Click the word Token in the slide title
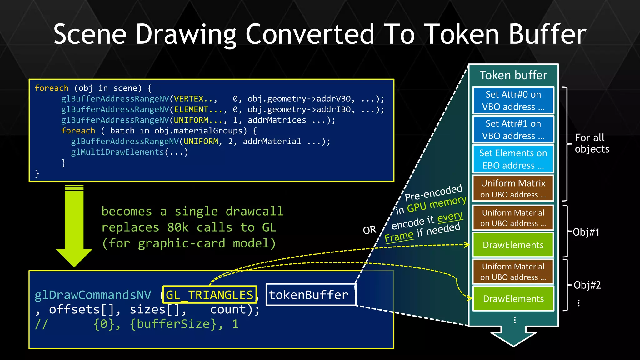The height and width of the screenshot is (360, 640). (463, 34)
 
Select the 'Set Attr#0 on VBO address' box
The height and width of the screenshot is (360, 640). (513, 100)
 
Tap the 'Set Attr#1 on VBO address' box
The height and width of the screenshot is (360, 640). (513, 129)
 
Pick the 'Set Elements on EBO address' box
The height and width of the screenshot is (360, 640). (513, 159)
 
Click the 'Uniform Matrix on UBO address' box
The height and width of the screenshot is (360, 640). (513, 188)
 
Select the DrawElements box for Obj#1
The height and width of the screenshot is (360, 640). (513, 245)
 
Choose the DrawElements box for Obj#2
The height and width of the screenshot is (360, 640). (513, 299)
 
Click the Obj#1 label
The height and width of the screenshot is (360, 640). (586, 232)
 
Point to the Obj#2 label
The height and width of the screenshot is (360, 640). (587, 285)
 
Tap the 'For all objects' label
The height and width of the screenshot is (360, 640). (592, 143)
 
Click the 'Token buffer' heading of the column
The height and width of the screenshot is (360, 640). (513, 75)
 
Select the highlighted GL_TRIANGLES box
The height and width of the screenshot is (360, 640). (209, 295)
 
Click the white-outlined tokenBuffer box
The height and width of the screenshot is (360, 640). (310, 295)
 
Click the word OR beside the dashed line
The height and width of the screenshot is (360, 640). (369, 230)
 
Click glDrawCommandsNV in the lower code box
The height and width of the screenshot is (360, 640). (93, 295)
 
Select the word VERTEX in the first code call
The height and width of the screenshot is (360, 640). (189, 99)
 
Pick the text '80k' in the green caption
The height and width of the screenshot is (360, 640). (178, 227)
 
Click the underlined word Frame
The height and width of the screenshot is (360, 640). (399, 237)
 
